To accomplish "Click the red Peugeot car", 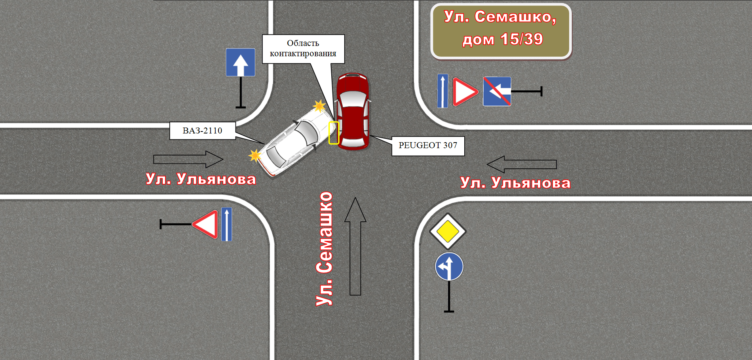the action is click(x=353, y=111).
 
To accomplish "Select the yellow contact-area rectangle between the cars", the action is click(x=334, y=133).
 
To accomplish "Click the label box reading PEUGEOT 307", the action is click(x=428, y=146).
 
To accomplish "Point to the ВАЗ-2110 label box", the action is click(x=203, y=131).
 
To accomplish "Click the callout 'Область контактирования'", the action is click(x=303, y=49).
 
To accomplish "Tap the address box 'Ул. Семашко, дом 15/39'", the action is click(x=501, y=31).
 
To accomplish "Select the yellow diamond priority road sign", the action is click(x=448, y=231).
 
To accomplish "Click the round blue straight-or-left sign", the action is click(x=449, y=267).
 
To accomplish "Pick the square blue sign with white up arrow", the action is click(x=240, y=62).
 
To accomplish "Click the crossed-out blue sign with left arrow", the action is click(x=497, y=91).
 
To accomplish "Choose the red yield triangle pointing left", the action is click(x=205, y=224).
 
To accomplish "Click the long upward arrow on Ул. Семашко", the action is click(x=355, y=246).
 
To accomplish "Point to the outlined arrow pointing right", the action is click(x=188, y=159).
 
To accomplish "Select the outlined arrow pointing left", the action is click(x=522, y=164).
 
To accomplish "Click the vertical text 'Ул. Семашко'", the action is click(x=325, y=249).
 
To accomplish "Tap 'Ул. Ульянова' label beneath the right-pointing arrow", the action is click(x=201, y=179).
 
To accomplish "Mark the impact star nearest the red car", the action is click(x=319, y=106).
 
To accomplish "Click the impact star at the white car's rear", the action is click(x=255, y=156).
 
